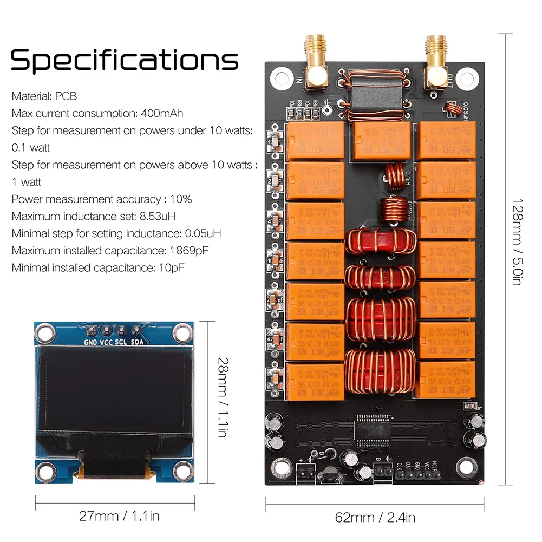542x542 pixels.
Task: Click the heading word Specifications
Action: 124,60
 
